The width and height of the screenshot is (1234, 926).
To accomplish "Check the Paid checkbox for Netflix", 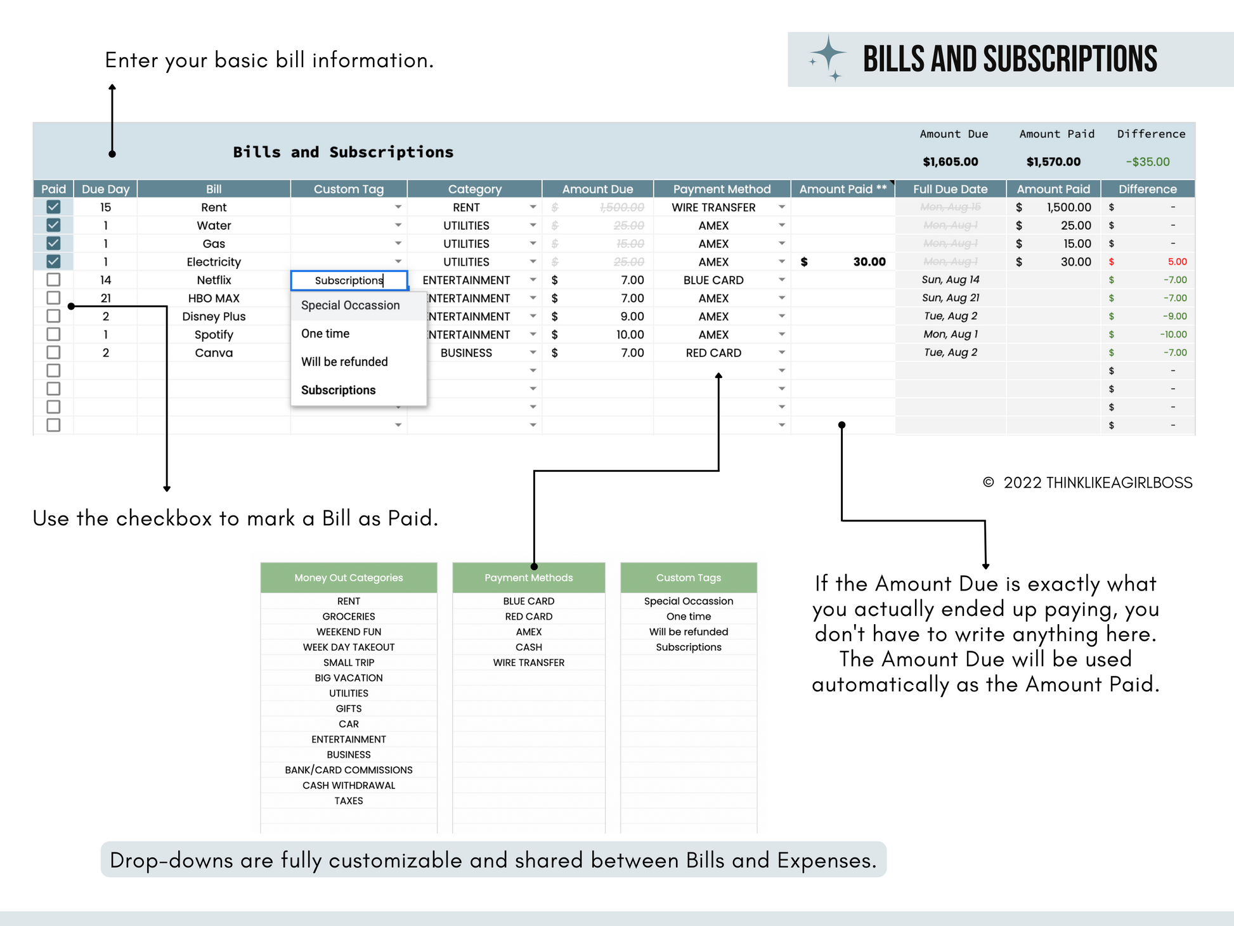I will [x=53, y=280].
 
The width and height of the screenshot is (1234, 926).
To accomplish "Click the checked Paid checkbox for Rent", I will [x=53, y=207].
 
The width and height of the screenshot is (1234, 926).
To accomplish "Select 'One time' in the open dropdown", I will [x=325, y=334].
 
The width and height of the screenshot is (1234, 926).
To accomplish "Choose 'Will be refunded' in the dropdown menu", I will [x=344, y=362].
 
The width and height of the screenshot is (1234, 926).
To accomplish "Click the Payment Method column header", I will [x=722, y=189].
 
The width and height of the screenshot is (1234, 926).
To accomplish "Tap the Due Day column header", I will [x=105, y=189].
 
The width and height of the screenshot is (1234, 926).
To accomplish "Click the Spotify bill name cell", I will [x=214, y=335].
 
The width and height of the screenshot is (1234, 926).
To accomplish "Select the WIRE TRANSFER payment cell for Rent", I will [x=713, y=207].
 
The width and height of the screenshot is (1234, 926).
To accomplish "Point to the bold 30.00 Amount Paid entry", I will [x=869, y=262].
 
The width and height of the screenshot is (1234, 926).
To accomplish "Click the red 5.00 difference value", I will [x=1177, y=262].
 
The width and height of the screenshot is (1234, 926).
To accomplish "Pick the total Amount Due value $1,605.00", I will [x=950, y=162].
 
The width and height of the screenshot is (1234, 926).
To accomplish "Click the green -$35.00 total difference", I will [x=1148, y=162].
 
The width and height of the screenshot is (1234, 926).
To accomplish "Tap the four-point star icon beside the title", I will [x=828, y=56].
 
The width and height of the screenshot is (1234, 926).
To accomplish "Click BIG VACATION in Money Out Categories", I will [x=349, y=678].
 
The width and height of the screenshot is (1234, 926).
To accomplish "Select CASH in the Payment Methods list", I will [x=529, y=647].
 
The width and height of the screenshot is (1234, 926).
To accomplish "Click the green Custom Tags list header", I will [x=689, y=578].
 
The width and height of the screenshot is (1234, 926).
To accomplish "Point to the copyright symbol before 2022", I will [x=988, y=483].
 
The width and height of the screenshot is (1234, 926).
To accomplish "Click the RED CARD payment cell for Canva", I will [x=713, y=353].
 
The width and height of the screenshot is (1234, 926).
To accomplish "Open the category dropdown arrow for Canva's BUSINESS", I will [x=533, y=353].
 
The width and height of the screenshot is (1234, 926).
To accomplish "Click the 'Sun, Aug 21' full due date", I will [x=950, y=298].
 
